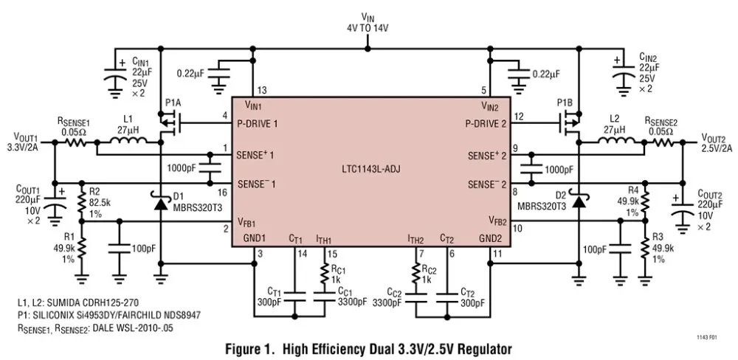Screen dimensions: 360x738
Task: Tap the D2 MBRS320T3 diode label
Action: click(x=542, y=202)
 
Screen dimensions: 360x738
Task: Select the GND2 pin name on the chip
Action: click(x=490, y=238)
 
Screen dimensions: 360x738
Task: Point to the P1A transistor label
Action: click(x=173, y=102)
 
